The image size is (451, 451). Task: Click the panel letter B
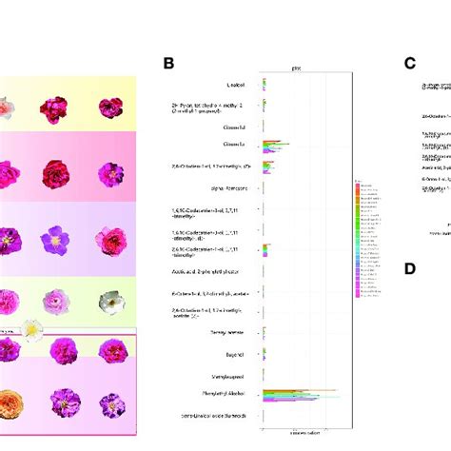(168, 64)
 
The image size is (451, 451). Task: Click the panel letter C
(410, 64)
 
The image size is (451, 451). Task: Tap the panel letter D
(410, 268)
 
